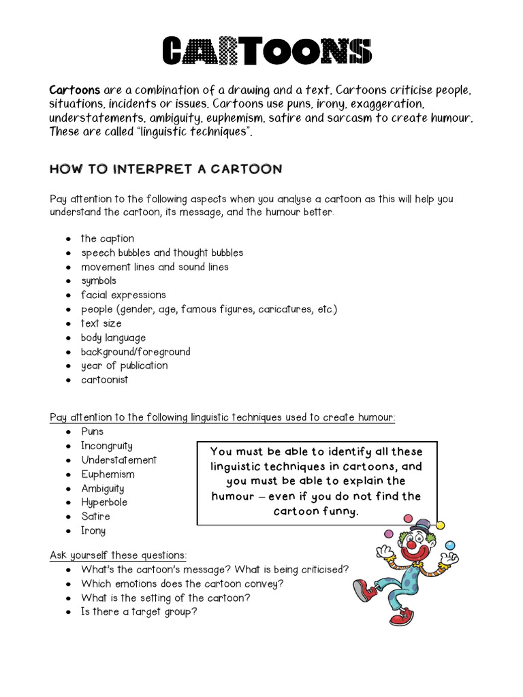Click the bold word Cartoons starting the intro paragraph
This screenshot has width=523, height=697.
[74, 91]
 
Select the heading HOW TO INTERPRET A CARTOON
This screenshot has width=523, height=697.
[165, 169]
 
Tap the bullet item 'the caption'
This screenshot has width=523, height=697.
[108, 238]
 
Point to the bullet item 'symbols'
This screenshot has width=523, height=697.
[99, 280]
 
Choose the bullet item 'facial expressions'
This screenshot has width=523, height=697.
[123, 295]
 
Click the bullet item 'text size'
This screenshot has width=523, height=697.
[101, 323]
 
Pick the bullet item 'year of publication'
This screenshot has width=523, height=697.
[124, 366]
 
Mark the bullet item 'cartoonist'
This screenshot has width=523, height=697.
[104, 380]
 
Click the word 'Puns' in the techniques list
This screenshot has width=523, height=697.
[93, 432]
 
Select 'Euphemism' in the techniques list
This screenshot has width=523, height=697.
[108, 474]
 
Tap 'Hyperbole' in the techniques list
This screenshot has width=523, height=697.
[104, 502]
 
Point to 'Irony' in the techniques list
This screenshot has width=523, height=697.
[93, 531]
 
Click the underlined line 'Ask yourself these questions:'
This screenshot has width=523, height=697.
[118, 555]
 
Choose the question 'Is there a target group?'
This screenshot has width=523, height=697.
[140, 612]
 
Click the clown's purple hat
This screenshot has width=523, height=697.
[421, 525]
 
